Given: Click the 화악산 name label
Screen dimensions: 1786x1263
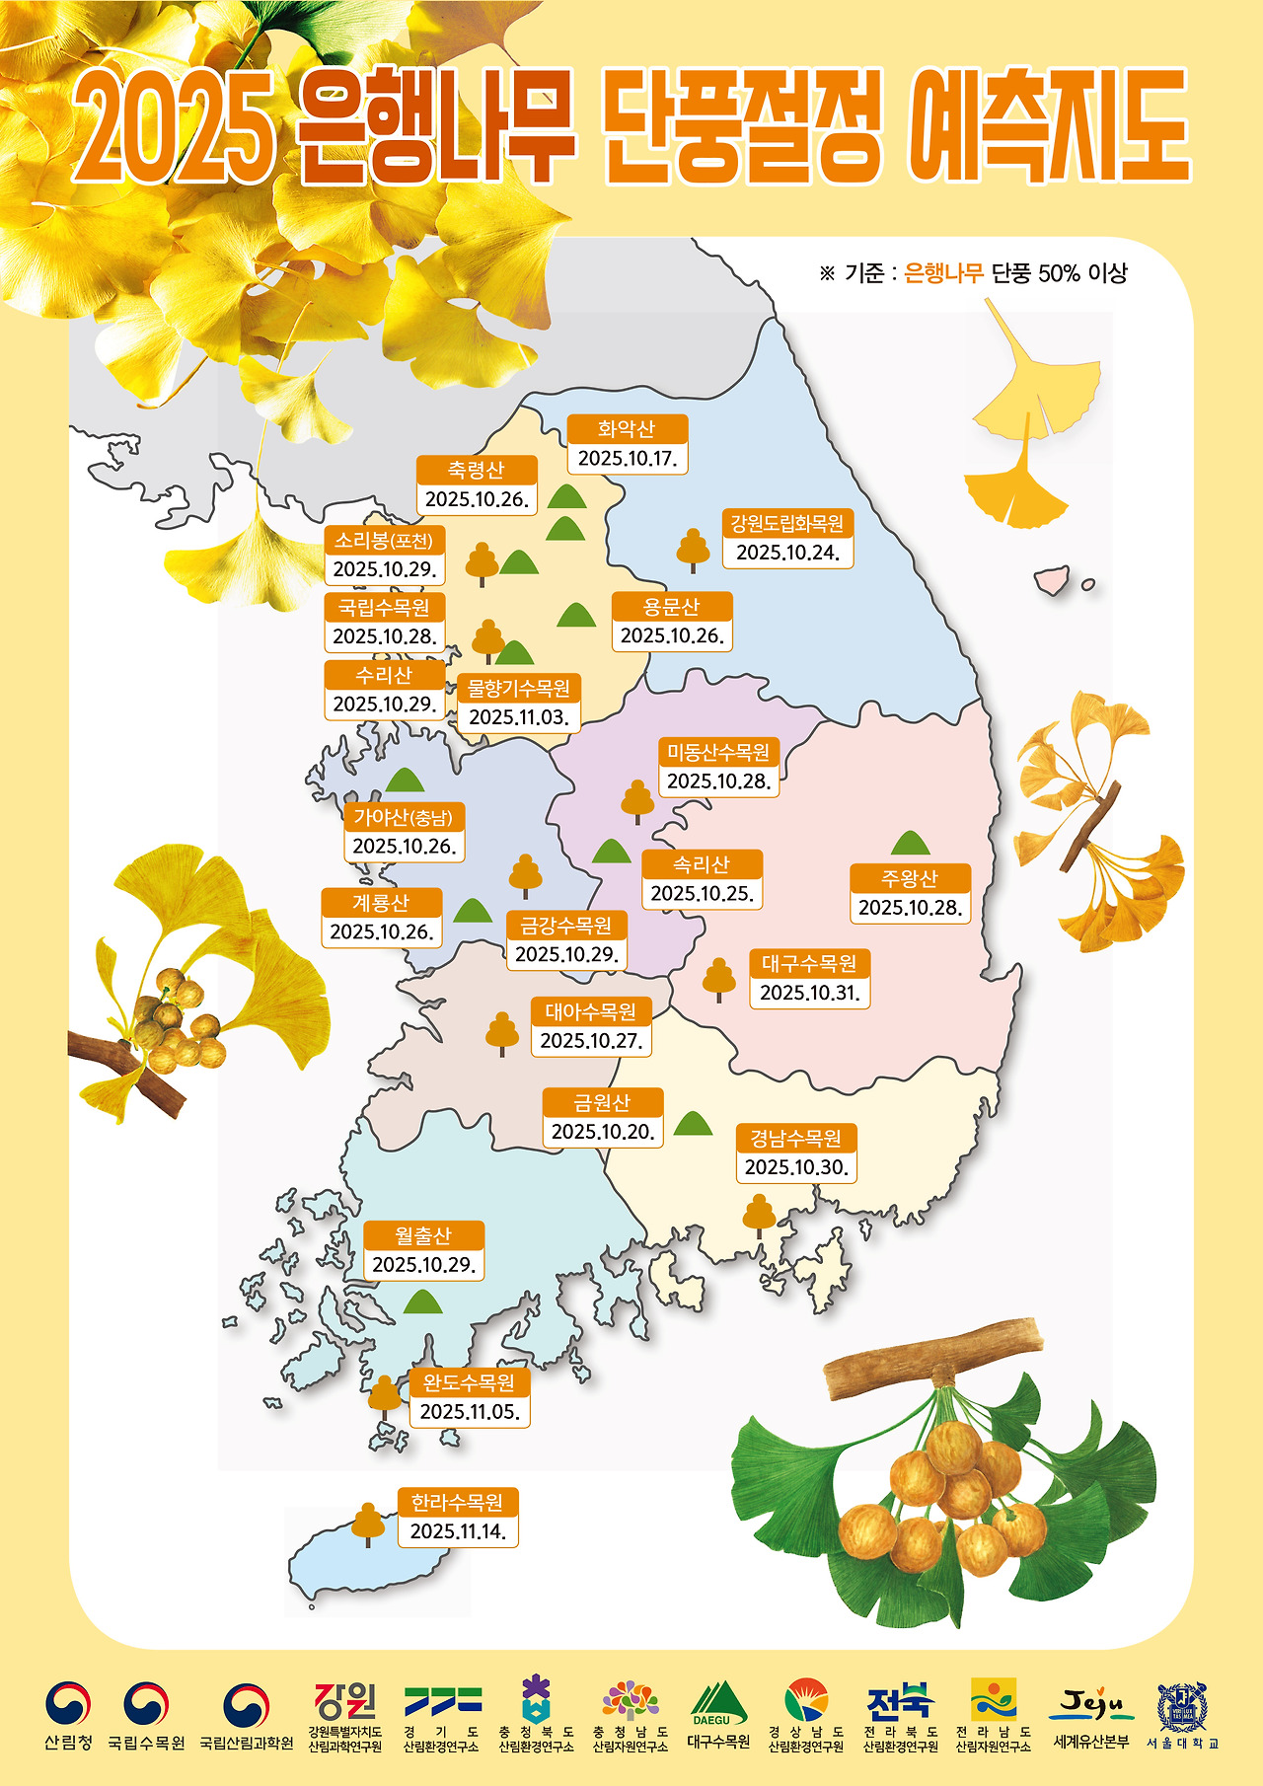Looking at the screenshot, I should point(627,429).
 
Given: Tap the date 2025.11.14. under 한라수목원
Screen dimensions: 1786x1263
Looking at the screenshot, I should point(458,1531).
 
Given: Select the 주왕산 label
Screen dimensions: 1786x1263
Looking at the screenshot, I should point(910,878).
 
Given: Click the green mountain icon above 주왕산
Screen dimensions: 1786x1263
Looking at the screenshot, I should point(910,844).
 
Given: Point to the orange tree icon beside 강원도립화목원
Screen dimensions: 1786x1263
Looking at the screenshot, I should point(693,550).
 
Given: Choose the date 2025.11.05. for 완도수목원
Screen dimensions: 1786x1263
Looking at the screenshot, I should point(470,1412).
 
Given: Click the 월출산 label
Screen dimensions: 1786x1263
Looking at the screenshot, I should point(423,1235).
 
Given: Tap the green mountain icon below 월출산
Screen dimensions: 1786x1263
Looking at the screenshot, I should point(423,1302).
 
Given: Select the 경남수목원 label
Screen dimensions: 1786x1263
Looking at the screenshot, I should point(795,1139).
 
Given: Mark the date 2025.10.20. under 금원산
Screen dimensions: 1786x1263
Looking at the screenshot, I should point(602,1132).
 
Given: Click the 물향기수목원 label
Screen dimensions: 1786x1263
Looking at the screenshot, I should point(519,688).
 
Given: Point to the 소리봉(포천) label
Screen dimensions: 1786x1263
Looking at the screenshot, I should point(384,540).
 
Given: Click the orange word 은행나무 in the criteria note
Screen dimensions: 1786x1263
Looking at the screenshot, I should point(943,273).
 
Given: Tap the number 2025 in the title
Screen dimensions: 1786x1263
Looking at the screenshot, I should point(174,128).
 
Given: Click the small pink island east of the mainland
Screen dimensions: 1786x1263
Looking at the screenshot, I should point(1053,578).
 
